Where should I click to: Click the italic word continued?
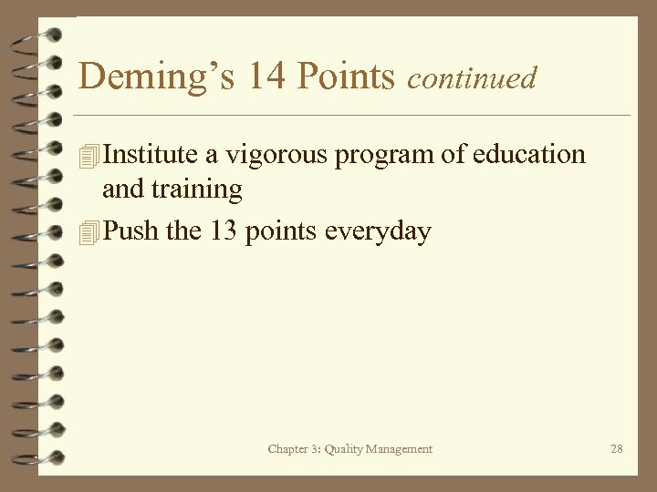[x=472, y=78]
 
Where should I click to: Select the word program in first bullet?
[x=384, y=156]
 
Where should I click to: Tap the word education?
[x=528, y=154]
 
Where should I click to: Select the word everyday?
[x=378, y=232]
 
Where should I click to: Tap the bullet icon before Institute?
[x=88, y=156]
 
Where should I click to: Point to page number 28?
[x=617, y=448]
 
